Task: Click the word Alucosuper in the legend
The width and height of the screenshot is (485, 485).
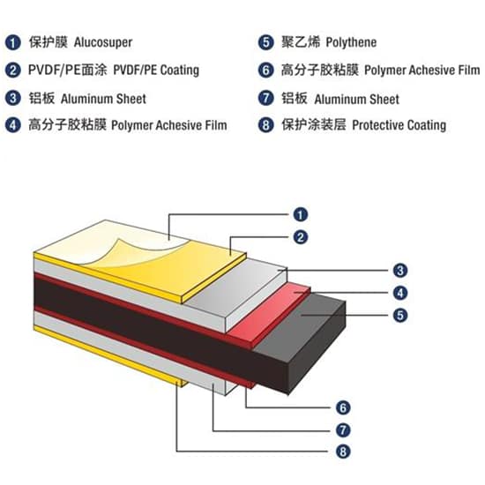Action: click(x=103, y=42)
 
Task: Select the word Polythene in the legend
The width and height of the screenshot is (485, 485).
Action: click(x=351, y=42)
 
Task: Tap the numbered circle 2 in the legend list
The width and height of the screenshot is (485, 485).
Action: click(x=12, y=71)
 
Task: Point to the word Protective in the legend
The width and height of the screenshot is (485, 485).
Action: click(x=377, y=125)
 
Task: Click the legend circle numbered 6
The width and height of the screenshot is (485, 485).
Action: click(x=265, y=70)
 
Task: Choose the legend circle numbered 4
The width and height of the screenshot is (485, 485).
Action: click(x=12, y=125)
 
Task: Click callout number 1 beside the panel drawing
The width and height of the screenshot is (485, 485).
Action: click(x=301, y=214)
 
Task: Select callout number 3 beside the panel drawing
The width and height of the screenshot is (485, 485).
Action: click(x=400, y=271)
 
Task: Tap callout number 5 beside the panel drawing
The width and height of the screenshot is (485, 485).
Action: click(x=400, y=315)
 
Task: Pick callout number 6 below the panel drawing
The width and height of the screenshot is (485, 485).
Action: click(x=343, y=407)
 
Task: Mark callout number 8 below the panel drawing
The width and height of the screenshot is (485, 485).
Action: click(x=343, y=451)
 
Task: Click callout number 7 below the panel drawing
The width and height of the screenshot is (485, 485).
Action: click(x=343, y=430)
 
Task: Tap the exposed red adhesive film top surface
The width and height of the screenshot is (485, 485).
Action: click(x=269, y=312)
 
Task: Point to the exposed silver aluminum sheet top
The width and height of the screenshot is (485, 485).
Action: click(x=235, y=285)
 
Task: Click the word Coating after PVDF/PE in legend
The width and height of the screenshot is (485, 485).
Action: click(x=180, y=71)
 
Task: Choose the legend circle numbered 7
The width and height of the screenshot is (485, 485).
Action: click(x=265, y=98)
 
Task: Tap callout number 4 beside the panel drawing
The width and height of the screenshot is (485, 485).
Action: click(x=400, y=293)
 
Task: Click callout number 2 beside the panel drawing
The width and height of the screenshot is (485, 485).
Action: click(x=301, y=237)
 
